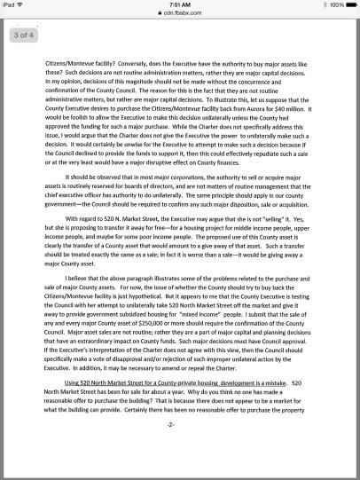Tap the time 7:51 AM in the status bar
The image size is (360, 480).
[x=180, y=4]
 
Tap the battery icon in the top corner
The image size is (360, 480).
[x=350, y=4]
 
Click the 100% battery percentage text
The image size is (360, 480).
[x=333, y=4]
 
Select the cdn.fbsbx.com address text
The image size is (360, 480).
[x=183, y=15]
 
